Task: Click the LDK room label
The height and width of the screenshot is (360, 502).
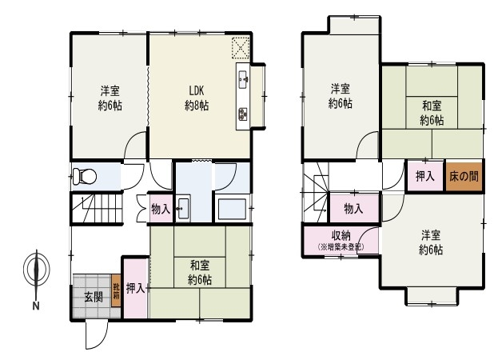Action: (x=197, y=91)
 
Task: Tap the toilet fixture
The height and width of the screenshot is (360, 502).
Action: (x=85, y=177)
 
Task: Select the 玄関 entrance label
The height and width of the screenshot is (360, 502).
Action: (x=94, y=298)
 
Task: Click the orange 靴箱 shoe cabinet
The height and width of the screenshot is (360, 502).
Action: (x=116, y=291)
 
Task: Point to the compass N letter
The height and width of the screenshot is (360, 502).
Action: (x=36, y=306)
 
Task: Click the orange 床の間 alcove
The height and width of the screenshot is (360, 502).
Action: (x=464, y=176)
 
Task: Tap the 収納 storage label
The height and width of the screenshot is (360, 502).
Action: (x=341, y=235)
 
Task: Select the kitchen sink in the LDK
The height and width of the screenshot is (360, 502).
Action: (x=243, y=79)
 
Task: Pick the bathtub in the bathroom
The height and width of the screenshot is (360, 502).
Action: (x=232, y=209)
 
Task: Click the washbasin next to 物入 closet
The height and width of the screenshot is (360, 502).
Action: (x=183, y=208)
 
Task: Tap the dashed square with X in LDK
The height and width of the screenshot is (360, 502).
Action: (x=241, y=48)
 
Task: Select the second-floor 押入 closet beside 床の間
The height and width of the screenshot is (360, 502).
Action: (x=425, y=176)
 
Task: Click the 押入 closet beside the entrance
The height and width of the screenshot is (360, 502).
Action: (x=136, y=288)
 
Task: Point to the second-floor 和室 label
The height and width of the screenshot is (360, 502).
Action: (x=432, y=106)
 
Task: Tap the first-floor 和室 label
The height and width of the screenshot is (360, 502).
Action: (x=200, y=266)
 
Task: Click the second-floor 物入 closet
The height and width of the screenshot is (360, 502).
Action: (x=354, y=208)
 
